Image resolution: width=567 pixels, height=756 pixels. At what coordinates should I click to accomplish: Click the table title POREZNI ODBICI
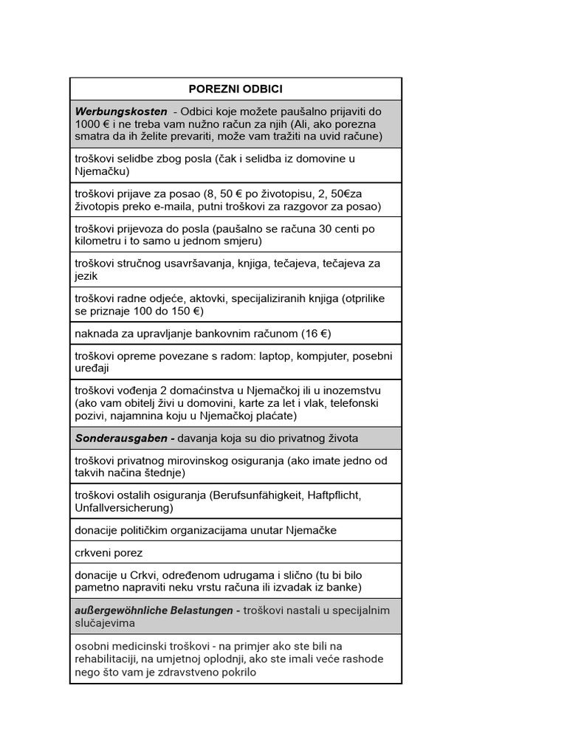tap(236, 89)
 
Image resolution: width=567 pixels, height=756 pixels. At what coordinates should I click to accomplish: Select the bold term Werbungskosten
tap(121, 111)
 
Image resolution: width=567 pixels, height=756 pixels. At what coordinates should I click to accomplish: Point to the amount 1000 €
tap(92, 123)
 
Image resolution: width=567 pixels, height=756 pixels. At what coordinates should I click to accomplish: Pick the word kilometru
tap(101, 241)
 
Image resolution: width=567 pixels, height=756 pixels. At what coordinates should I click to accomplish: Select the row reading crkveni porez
tap(109, 552)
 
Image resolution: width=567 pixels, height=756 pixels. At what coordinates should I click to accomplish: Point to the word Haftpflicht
tap(332, 495)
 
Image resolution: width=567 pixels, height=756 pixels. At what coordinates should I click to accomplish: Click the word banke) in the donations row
tap(344, 587)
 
